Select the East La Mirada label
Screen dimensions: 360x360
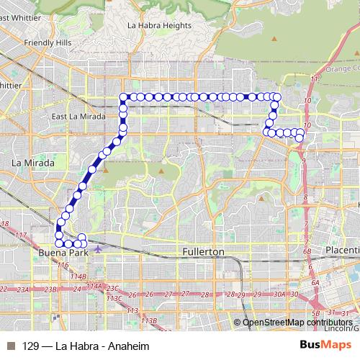(78, 116)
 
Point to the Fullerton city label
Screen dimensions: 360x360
(202, 252)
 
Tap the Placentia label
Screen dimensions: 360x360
(341, 249)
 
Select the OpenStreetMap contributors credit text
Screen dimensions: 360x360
(298, 322)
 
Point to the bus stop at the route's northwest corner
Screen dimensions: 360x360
(123, 96)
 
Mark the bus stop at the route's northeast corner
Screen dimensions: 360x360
(275, 96)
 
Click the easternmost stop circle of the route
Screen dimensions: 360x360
(302, 132)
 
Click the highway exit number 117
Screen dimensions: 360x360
(20, 235)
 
